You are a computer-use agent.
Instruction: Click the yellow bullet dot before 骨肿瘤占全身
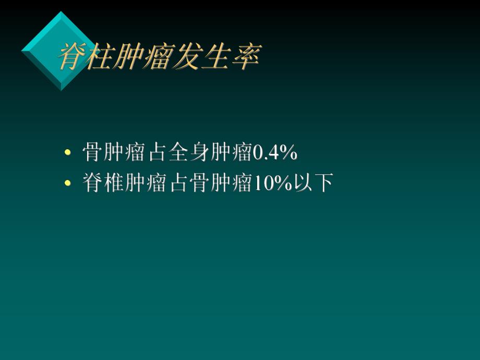pyautogui.click(x=67, y=153)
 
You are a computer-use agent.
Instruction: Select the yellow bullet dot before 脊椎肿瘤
pyautogui.click(x=67, y=184)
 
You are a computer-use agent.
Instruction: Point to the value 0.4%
pyautogui.click(x=275, y=153)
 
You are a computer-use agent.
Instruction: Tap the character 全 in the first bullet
pyautogui.click(x=178, y=153)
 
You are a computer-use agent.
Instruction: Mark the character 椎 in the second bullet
pyautogui.click(x=114, y=184)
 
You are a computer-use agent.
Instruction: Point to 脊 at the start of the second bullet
pyautogui.click(x=93, y=184)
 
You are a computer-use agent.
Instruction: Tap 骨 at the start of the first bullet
pyautogui.click(x=93, y=153)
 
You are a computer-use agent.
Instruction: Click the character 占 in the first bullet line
pyautogui.click(x=157, y=153)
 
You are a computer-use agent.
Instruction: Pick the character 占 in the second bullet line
pyautogui.click(x=178, y=184)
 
